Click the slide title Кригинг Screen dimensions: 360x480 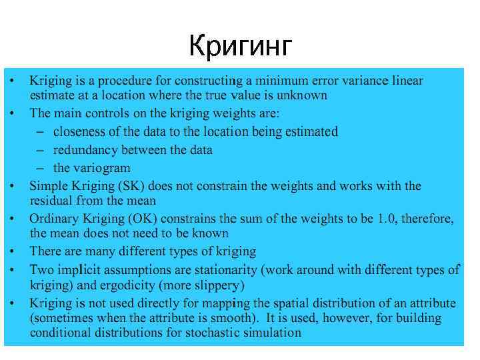[241, 46]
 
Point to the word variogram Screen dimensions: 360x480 [101, 168]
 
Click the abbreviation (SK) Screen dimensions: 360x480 [116, 186]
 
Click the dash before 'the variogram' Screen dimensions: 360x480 [41, 168]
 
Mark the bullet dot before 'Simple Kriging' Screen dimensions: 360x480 [13, 185]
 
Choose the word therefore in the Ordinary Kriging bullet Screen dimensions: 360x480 [431, 219]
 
